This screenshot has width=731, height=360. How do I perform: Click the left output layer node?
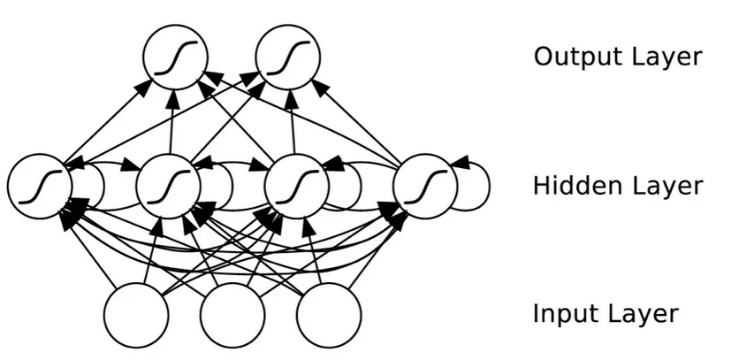click(176, 57)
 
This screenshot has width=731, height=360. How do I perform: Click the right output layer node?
click(287, 57)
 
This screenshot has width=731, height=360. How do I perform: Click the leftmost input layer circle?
click(136, 315)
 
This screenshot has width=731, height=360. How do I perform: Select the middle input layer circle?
click(232, 315)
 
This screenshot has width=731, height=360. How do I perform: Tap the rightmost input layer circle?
click(329, 315)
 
